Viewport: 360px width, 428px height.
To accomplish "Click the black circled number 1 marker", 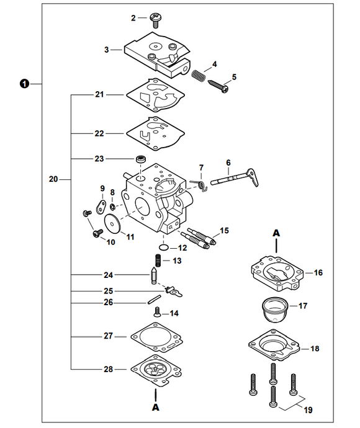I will pyautogui.click(x=24, y=83).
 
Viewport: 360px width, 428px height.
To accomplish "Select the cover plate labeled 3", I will pyautogui.click(x=155, y=52).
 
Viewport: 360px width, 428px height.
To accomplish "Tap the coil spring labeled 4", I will pyautogui.click(x=198, y=74).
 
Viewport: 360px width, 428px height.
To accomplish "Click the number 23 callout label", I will pyautogui.click(x=99, y=159).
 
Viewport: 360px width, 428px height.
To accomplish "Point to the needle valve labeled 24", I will pyautogui.click(x=152, y=274).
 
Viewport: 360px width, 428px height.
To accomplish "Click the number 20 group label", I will pyautogui.click(x=53, y=180).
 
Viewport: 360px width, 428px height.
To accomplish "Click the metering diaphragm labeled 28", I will pyautogui.click(x=155, y=370).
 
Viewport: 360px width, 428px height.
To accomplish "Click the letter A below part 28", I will pyautogui.click(x=156, y=408).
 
